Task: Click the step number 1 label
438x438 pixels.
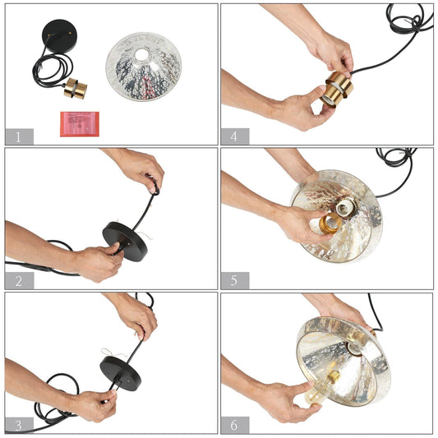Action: pos(19,136)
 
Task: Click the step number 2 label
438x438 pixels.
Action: pos(19,281)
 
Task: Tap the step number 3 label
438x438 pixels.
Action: pos(19,426)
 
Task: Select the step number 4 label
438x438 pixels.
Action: pos(235,136)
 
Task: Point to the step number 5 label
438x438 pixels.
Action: pos(235,281)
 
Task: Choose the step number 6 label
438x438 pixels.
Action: pos(235,425)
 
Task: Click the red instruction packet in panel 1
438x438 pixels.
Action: pos(80,124)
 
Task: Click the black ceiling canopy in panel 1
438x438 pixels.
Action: pos(59,36)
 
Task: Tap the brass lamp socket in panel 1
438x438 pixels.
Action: pos(76,89)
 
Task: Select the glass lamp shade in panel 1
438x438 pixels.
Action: pos(144,67)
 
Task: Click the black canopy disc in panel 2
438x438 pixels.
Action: pos(125,241)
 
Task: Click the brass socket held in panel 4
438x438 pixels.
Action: pos(337,89)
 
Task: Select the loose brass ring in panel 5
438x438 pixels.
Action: pos(330,224)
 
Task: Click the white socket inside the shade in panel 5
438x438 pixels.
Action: pos(344,208)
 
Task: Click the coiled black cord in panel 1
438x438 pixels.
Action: pos(53,68)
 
